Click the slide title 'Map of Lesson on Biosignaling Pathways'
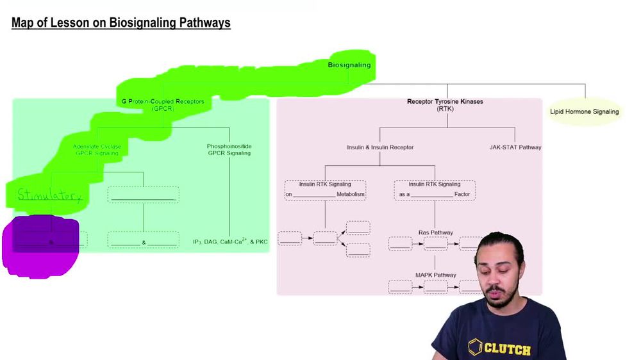(121, 24)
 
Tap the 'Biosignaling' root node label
(349, 65)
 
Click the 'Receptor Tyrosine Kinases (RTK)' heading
(445, 105)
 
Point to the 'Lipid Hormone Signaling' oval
(584, 111)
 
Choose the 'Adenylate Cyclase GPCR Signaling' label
(97, 150)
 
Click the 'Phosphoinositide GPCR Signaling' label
(229, 150)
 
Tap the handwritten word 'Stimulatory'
(49, 195)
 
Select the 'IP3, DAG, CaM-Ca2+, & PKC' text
(229, 241)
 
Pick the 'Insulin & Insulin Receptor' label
(380, 147)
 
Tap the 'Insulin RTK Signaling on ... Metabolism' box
(325, 190)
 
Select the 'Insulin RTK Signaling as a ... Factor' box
(435, 190)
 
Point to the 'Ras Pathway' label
(435, 233)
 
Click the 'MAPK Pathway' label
(435, 275)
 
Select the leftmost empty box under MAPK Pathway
(400, 286)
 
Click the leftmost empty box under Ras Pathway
(400, 243)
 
